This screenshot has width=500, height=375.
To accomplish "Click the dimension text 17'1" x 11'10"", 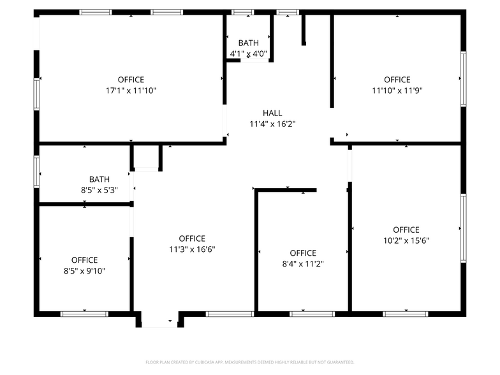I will click(x=131, y=91).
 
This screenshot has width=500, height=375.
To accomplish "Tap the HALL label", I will click(x=272, y=113).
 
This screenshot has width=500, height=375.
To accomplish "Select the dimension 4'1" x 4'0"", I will click(x=248, y=54).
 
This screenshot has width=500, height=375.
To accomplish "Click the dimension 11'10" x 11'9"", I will click(x=397, y=91).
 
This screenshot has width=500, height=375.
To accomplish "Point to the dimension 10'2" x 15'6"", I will click(x=406, y=240).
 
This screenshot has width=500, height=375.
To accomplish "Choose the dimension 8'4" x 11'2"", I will click(x=303, y=263).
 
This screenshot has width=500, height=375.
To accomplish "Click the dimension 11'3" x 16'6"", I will click(x=192, y=249).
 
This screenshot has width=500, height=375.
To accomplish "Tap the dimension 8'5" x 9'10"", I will click(x=84, y=270).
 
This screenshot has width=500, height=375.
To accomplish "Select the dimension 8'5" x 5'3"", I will click(x=99, y=189).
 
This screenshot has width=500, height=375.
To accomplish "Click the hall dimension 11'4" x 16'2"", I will click(x=272, y=124).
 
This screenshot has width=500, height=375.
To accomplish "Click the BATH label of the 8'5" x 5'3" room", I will click(x=99, y=179).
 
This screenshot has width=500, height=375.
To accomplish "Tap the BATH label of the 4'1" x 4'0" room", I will click(x=248, y=43).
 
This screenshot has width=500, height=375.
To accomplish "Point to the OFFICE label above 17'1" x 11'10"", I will click(x=131, y=80).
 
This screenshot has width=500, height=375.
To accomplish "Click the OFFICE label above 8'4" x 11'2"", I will click(x=303, y=253).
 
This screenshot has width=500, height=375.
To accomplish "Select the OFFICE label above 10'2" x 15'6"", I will click(x=406, y=230).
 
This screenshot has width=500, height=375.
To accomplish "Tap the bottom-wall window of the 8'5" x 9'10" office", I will click(x=84, y=314).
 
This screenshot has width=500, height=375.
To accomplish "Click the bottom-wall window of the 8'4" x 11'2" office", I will click(x=312, y=314).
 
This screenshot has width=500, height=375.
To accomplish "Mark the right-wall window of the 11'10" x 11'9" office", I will click(x=463, y=78).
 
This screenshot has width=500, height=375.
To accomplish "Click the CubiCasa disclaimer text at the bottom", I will click(x=249, y=362).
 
